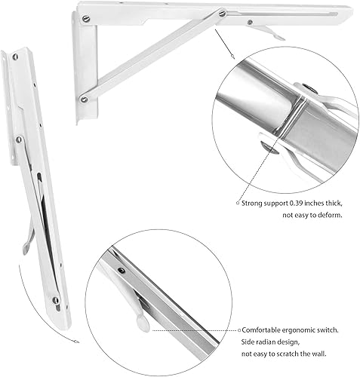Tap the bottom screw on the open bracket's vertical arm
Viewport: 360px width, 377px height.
[84, 99]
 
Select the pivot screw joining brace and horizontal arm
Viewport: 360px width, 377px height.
[221, 13]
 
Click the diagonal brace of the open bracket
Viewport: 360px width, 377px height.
[151, 57]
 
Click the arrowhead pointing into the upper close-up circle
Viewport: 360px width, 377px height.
[233, 57]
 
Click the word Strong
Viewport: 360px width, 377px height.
[254, 203]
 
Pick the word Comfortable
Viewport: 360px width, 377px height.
[265, 330]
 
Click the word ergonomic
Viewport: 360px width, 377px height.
[308, 330]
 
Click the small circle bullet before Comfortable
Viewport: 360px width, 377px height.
[238, 330]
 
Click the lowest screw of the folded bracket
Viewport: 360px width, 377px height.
[55, 301]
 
